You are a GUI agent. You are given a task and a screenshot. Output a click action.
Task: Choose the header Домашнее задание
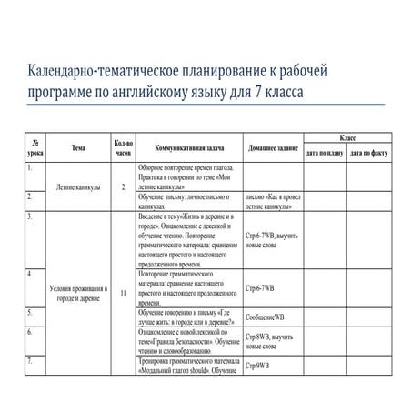(x=270, y=147)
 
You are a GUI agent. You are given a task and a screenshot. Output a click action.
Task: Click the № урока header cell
(x=34, y=147)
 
